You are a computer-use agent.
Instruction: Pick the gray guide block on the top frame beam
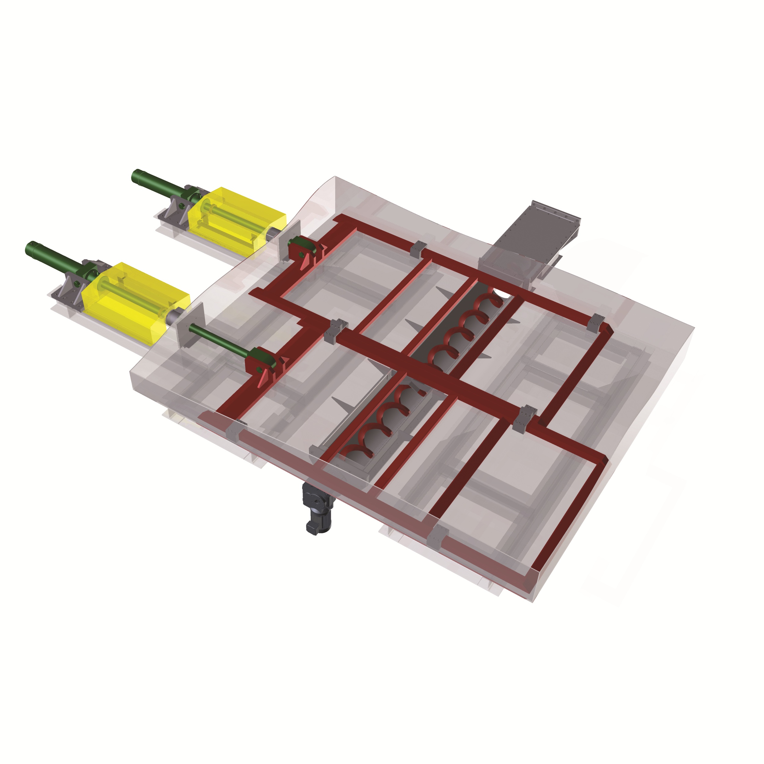pos(418,249)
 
